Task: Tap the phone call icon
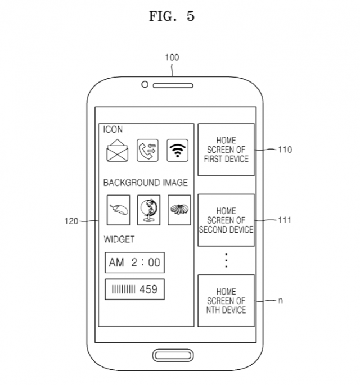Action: (148, 150)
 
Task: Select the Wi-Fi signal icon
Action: (178, 150)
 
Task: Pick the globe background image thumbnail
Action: (148, 210)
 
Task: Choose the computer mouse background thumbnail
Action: (119, 210)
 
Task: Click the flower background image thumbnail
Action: (179, 210)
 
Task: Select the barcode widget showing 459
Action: (134, 289)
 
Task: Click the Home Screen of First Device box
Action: (226, 150)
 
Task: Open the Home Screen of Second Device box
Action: (226, 221)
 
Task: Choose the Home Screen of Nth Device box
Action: (226, 300)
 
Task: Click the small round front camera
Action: (145, 84)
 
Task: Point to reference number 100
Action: (172, 57)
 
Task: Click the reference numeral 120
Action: (71, 221)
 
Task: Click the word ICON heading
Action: (113, 129)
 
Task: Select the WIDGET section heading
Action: (119, 239)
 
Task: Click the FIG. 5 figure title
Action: (172, 16)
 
